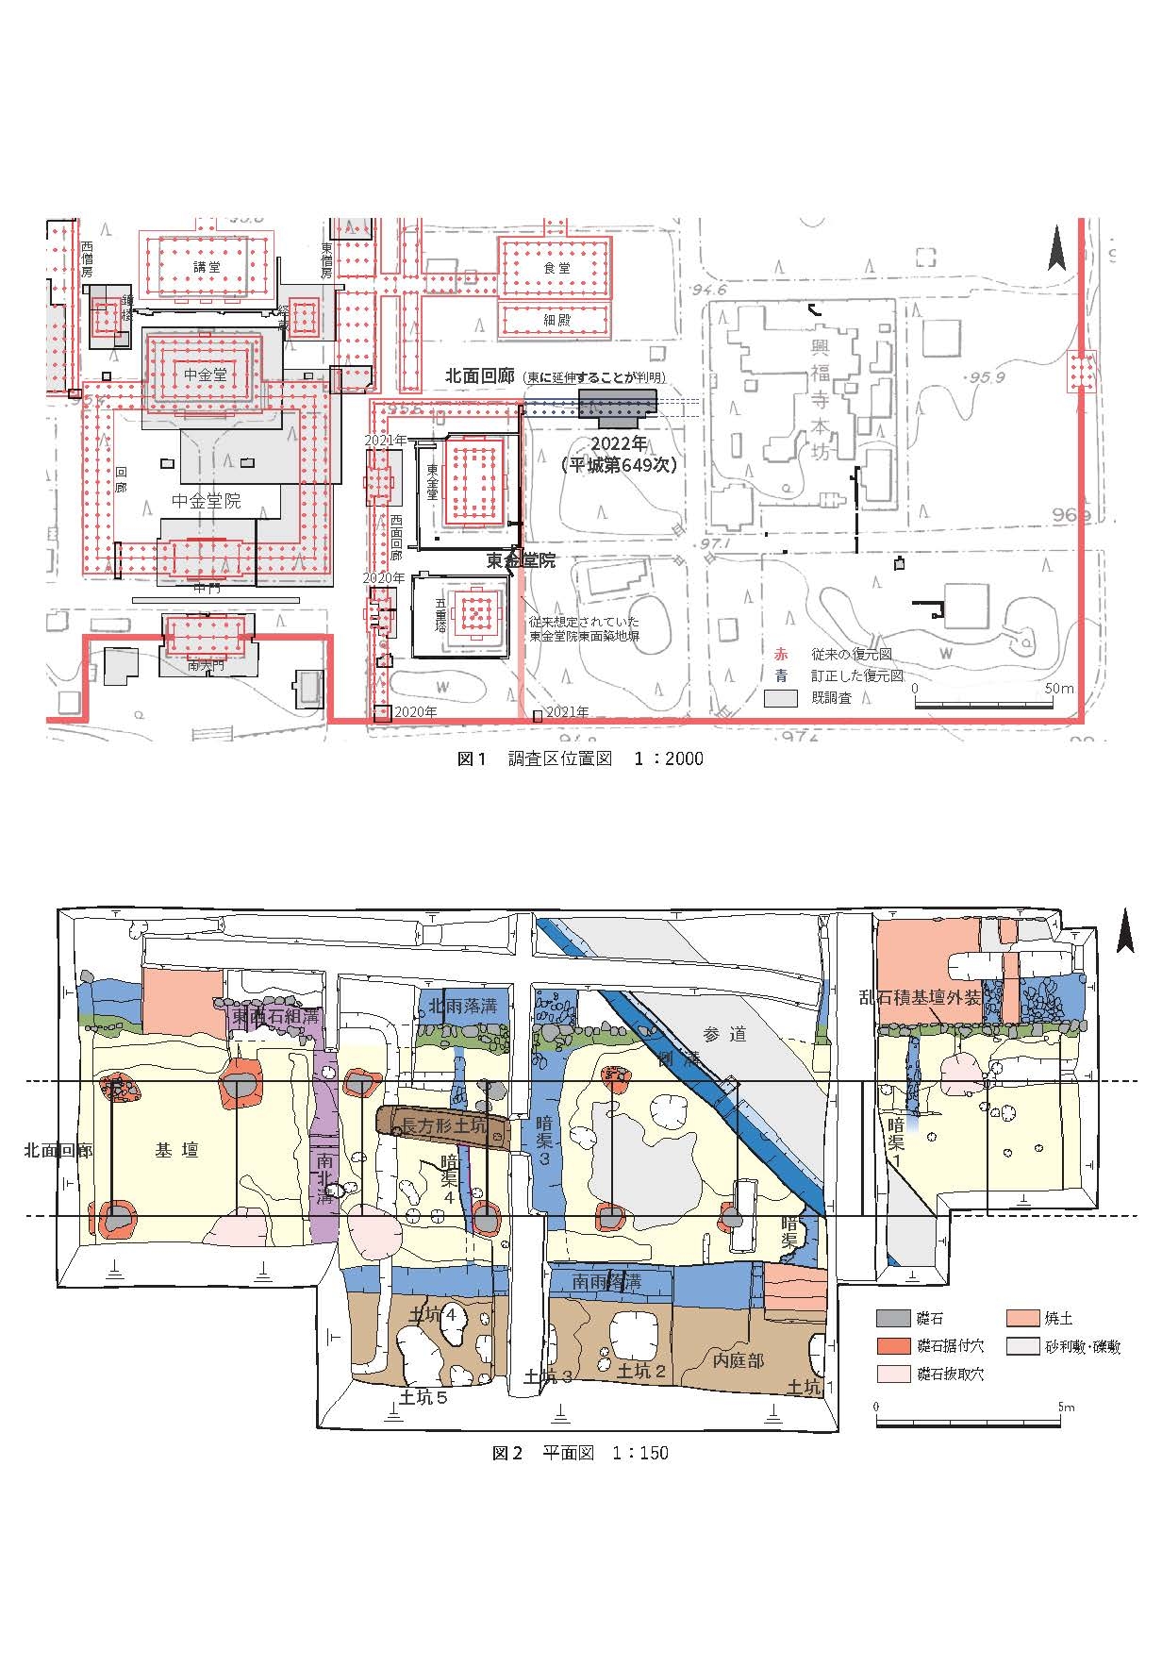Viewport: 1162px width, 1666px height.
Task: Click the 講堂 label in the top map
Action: point(205,267)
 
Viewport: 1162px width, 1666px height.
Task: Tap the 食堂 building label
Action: point(556,268)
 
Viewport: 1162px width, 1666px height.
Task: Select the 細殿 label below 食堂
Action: point(556,320)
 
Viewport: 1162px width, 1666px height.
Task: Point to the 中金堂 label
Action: point(205,374)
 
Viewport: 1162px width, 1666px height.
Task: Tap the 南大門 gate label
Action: point(205,666)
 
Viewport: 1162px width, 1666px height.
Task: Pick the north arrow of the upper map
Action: point(1056,249)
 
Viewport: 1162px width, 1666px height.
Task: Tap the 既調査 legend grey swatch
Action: point(781,699)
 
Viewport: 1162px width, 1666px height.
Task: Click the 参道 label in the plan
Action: point(725,1034)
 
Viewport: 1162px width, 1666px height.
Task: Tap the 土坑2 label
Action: point(641,1371)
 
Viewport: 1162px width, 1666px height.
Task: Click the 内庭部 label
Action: point(739,1360)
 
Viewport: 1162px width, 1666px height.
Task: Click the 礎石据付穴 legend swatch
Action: point(893,1346)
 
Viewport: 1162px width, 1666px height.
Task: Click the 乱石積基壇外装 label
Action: point(921,996)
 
